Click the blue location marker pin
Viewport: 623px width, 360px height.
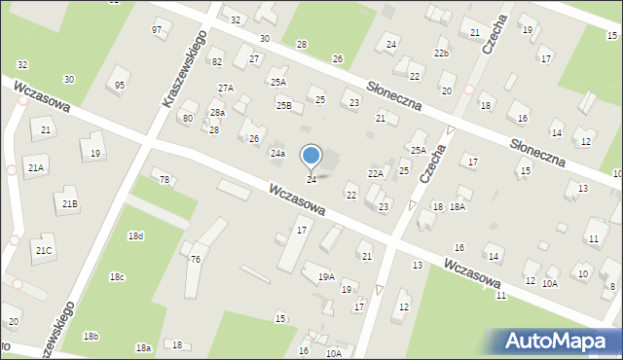click(311, 156)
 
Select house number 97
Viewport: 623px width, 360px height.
click(157, 30)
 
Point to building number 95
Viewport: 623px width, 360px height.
click(119, 86)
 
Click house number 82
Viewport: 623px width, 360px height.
click(217, 62)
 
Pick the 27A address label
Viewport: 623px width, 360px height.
click(226, 89)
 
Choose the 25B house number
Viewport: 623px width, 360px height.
click(283, 105)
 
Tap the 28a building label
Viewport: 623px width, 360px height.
click(217, 114)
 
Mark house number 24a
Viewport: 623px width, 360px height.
click(277, 154)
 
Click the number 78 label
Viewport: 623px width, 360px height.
click(165, 180)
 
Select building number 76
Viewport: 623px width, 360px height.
click(195, 259)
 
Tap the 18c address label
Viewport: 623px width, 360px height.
click(117, 277)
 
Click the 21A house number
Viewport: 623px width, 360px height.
click(36, 168)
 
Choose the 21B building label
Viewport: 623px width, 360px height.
click(70, 203)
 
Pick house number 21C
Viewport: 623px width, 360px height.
click(44, 251)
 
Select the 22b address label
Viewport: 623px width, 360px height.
click(442, 53)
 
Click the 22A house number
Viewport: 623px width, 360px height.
click(375, 173)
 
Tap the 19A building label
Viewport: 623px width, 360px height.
click(325, 276)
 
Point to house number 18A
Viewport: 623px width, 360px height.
click(457, 207)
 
